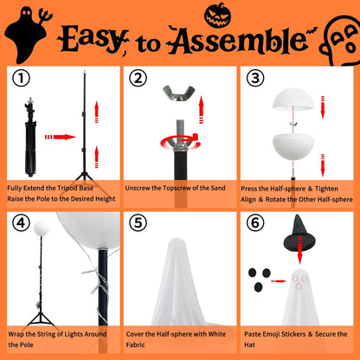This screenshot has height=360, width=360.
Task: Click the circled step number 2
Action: pyautogui.click(x=137, y=80)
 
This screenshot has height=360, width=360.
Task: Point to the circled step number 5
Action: pyautogui.click(x=137, y=222)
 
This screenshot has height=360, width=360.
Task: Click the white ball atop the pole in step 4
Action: pyautogui.click(x=39, y=229)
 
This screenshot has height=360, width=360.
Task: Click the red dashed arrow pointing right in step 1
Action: pyautogui.click(x=59, y=137)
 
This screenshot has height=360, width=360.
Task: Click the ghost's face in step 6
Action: pyautogui.click(x=300, y=282)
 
